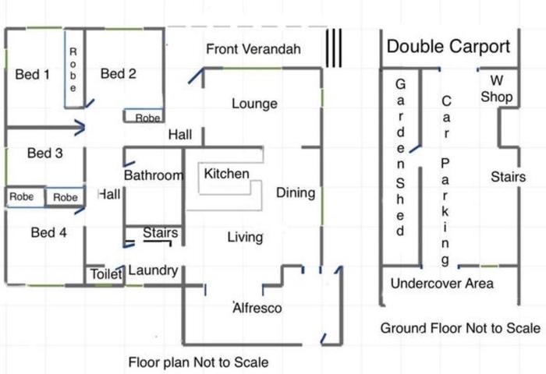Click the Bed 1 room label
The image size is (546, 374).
33,75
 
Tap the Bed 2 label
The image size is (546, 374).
118,74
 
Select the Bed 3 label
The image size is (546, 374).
45,153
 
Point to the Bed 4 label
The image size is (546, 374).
48,232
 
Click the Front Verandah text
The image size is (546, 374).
253,49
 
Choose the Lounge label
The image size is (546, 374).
254,104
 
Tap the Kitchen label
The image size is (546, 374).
226,174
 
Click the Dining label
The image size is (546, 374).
296,193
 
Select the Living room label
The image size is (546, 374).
245,238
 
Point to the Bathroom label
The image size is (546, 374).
154,175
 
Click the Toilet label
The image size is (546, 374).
106,274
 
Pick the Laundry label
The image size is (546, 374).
153,270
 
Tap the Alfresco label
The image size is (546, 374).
257,308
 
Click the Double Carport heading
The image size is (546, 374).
448,47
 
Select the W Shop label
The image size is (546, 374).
497,89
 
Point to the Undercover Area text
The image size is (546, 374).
442,284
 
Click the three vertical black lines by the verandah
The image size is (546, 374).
334,48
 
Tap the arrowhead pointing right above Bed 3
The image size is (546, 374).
81,128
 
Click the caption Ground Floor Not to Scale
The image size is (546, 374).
460,328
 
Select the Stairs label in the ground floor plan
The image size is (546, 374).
508,177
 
